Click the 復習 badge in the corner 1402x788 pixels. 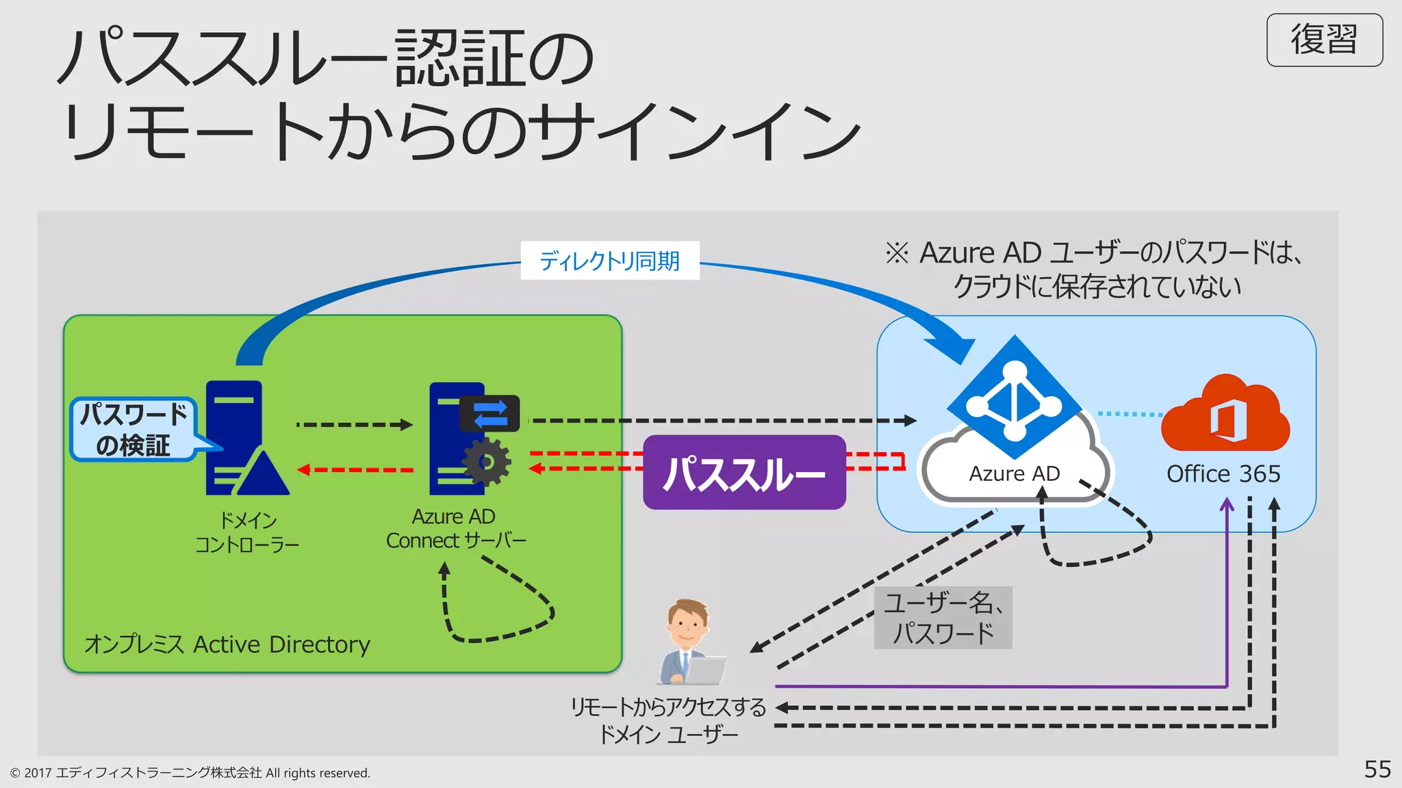[1324, 40]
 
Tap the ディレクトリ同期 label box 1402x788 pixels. [609, 261]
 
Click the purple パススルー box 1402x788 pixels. [744, 473]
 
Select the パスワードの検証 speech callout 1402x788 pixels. [133, 430]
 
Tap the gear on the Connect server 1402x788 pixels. [487, 462]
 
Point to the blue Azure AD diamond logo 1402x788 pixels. [1014, 397]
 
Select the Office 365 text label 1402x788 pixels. [1223, 473]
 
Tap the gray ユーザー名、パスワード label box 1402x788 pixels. [943, 618]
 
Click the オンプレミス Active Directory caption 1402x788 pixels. [227, 644]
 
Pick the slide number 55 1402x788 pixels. [1377, 769]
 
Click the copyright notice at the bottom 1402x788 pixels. [190, 773]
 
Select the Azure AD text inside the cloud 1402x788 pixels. [1014, 473]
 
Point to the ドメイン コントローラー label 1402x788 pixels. [247, 532]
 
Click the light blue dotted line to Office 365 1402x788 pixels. [1130, 414]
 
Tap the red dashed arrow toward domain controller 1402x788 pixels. [356, 470]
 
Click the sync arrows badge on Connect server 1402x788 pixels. [490, 413]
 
